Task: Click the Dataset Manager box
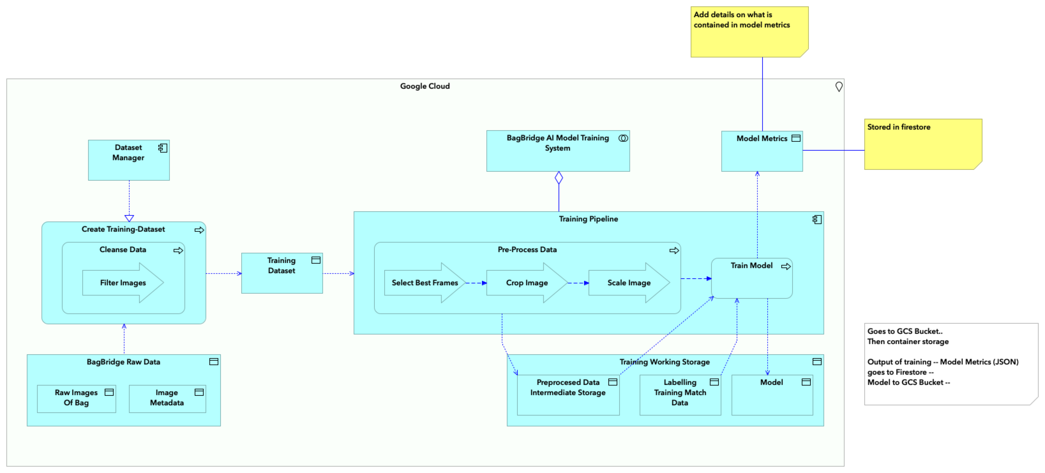click(x=129, y=160)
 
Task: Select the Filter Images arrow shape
click(x=123, y=283)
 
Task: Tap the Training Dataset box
click(x=282, y=273)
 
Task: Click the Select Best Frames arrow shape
click(x=424, y=283)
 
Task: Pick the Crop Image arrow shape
click(x=527, y=283)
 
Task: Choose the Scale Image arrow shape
click(x=629, y=283)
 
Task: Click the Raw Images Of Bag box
click(x=76, y=398)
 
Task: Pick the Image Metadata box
click(x=167, y=398)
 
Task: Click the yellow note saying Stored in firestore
click(x=922, y=144)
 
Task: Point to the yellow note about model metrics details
click(x=749, y=32)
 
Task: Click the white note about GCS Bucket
click(x=950, y=364)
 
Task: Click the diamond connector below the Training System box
click(x=559, y=178)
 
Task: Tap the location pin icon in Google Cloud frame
click(x=838, y=87)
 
